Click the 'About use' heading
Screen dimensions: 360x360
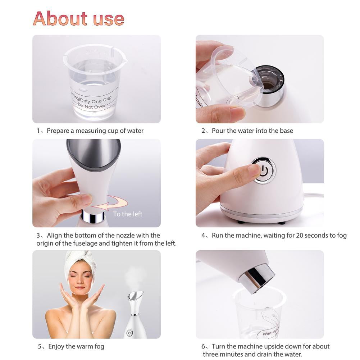[78, 18]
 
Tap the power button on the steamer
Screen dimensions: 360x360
[264, 170]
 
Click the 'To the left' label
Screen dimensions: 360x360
[128, 214]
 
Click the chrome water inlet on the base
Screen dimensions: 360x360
[270, 86]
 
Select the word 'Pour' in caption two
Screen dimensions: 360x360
[218, 131]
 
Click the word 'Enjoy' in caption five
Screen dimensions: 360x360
[56, 347]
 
